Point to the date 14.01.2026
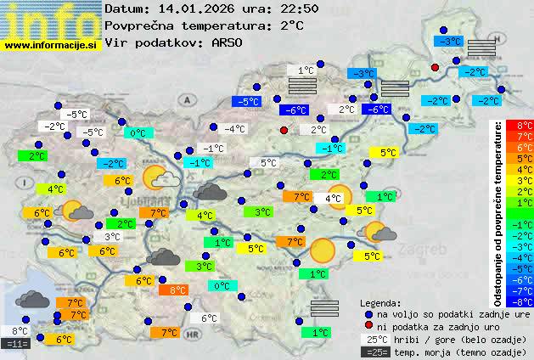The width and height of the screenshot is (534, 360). point(187,8)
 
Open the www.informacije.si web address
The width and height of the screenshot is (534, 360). point(51,46)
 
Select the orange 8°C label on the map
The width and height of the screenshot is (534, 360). point(172,290)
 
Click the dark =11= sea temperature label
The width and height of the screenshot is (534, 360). point(16,344)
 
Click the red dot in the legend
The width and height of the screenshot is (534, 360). point(368,326)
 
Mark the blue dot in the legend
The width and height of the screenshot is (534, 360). point(368,314)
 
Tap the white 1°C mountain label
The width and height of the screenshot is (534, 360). point(301,70)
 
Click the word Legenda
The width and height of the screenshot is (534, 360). point(380,302)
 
